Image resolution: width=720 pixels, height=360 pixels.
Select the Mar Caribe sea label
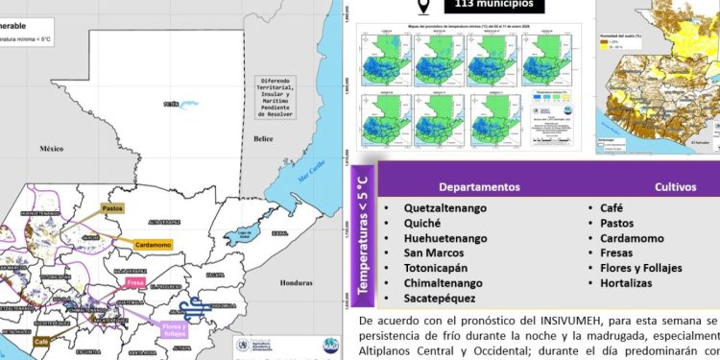(310, 177)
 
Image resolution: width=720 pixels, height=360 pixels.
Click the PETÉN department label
(172, 103)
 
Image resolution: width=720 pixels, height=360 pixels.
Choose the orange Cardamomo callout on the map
(152, 244)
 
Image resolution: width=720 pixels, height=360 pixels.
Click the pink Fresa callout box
(135, 284)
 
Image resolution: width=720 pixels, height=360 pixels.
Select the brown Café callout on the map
(40, 341)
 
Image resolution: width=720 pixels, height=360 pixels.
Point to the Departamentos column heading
(480, 186)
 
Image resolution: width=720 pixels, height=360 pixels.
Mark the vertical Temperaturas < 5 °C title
(362, 230)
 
